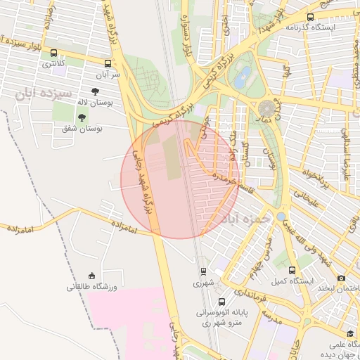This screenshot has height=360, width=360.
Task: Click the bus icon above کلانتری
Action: (53, 53)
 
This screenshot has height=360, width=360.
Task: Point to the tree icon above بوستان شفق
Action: (82, 117)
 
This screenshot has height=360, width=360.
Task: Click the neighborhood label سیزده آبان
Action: (43, 92)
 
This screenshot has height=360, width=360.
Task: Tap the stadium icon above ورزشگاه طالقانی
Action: (91, 276)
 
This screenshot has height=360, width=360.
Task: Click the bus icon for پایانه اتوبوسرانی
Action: (222, 302)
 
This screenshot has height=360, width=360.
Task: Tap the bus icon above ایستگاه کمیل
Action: (292, 270)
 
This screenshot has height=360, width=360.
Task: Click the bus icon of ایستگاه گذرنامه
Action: (311, 17)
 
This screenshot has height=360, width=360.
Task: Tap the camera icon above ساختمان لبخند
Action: (342, 278)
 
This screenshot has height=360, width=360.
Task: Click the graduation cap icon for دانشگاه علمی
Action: (350, 333)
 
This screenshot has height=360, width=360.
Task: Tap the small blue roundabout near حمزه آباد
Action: (282, 217)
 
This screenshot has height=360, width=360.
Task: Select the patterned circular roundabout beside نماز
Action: (267, 108)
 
